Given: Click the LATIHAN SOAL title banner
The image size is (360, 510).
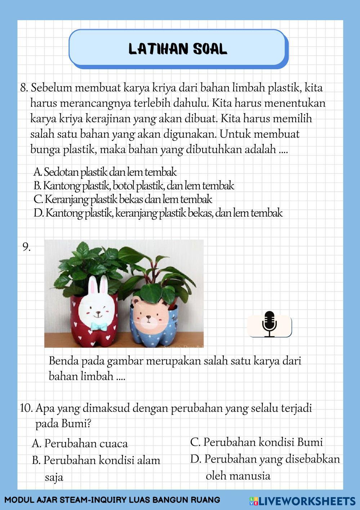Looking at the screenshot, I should (178, 49).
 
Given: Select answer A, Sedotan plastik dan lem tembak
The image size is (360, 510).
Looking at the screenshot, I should (105, 172).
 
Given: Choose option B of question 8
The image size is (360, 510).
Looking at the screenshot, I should (134, 186).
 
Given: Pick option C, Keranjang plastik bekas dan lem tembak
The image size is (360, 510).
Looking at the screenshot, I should (123, 199).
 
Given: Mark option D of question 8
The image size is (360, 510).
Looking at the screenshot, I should (158, 213).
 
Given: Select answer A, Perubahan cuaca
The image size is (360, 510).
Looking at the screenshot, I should (80, 443).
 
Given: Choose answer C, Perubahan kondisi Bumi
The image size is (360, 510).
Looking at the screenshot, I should (256, 442).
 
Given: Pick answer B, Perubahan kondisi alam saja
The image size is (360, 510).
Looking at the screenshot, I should (96, 461).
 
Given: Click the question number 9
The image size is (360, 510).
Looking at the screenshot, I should (26, 247).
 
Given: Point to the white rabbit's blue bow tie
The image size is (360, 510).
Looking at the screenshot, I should (98, 326).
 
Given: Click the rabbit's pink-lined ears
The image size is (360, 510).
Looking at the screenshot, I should (98, 287).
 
